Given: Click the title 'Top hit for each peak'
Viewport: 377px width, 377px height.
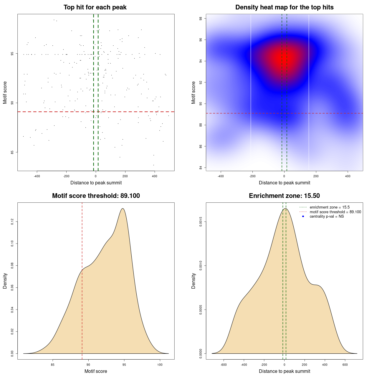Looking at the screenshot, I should click(x=95, y=7).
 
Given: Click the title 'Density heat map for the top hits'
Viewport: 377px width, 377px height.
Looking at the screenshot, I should click(x=284, y=7).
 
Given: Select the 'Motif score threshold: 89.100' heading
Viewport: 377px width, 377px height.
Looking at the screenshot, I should click(x=96, y=196).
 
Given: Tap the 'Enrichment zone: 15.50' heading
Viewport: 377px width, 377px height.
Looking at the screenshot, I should click(x=284, y=196).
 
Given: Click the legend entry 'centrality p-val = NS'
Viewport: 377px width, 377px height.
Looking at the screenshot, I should click(x=327, y=216).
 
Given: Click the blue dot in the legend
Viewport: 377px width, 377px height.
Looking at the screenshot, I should click(x=303, y=216).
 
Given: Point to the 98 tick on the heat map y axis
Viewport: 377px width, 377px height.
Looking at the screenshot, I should click(x=201, y=18).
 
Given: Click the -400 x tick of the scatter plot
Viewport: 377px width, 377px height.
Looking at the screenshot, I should click(x=37, y=176).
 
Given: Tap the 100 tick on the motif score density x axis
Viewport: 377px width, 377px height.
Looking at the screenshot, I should click(x=160, y=365).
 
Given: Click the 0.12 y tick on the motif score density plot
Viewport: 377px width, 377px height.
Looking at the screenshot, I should click(x=12, y=221).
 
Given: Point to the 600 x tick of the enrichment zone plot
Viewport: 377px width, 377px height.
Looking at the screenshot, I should click(x=345, y=365).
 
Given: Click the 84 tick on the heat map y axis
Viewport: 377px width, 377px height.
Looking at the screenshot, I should click(x=201, y=168).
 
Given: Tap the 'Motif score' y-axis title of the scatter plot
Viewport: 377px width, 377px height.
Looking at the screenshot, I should click(x=5, y=92).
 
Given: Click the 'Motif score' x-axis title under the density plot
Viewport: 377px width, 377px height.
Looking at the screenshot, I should click(x=96, y=371).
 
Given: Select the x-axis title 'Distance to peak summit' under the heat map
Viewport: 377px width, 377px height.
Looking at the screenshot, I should click(x=284, y=183).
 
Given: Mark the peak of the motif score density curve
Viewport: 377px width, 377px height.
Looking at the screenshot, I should click(x=123, y=209).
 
